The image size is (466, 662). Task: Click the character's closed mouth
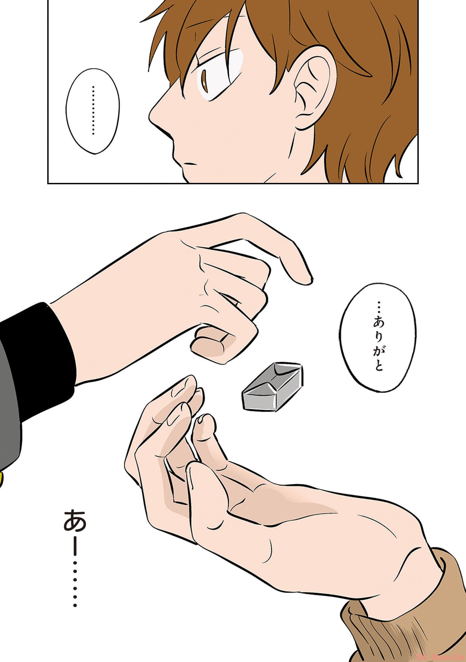click(191, 164)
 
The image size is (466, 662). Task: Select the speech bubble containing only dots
click(93, 111)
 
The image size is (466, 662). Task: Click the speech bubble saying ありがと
click(377, 338)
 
